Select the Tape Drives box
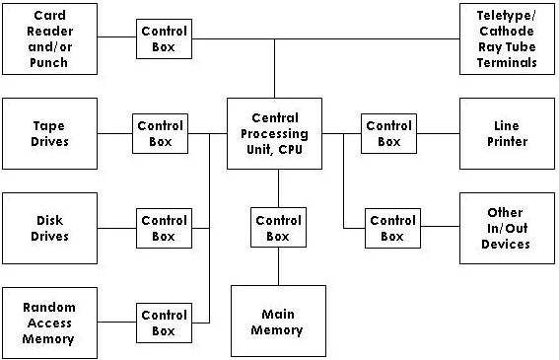click(49, 133)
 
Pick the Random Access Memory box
click(49, 324)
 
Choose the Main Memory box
click(278, 323)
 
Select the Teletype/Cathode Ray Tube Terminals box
click(507, 38)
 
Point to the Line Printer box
click(507, 133)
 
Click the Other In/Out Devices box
click(507, 228)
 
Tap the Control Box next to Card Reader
click(165, 38)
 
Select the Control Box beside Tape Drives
click(161, 133)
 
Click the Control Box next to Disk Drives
click(164, 228)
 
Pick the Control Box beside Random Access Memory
click(164, 323)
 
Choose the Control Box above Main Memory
click(278, 228)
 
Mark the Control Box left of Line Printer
click(389, 133)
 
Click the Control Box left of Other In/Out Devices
click(392, 228)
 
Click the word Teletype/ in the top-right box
click(507, 17)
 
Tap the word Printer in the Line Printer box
click(507, 141)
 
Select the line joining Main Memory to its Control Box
click(278, 267)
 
